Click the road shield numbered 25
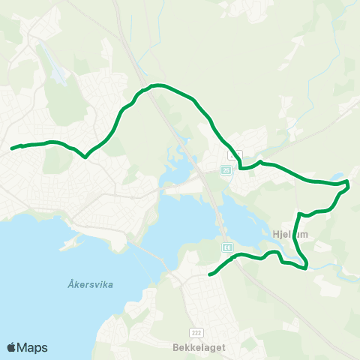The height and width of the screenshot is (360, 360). [226, 171]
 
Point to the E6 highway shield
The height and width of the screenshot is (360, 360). [226, 247]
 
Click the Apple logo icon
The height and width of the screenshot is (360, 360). [12, 347]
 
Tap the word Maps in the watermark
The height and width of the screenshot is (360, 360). [32, 347]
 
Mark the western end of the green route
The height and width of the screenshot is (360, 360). [12, 148]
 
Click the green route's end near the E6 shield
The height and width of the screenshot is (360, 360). [209, 274]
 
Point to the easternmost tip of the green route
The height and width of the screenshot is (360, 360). [349, 182]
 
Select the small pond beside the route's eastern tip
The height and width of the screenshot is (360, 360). [340, 177]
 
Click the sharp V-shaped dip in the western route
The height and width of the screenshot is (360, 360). [85, 157]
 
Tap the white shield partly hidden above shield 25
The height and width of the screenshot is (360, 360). [235, 154]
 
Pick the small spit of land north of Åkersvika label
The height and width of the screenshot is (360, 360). [71, 243]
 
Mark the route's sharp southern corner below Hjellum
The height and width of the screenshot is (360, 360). [306, 267]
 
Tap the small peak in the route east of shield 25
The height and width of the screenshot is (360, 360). [259, 161]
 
